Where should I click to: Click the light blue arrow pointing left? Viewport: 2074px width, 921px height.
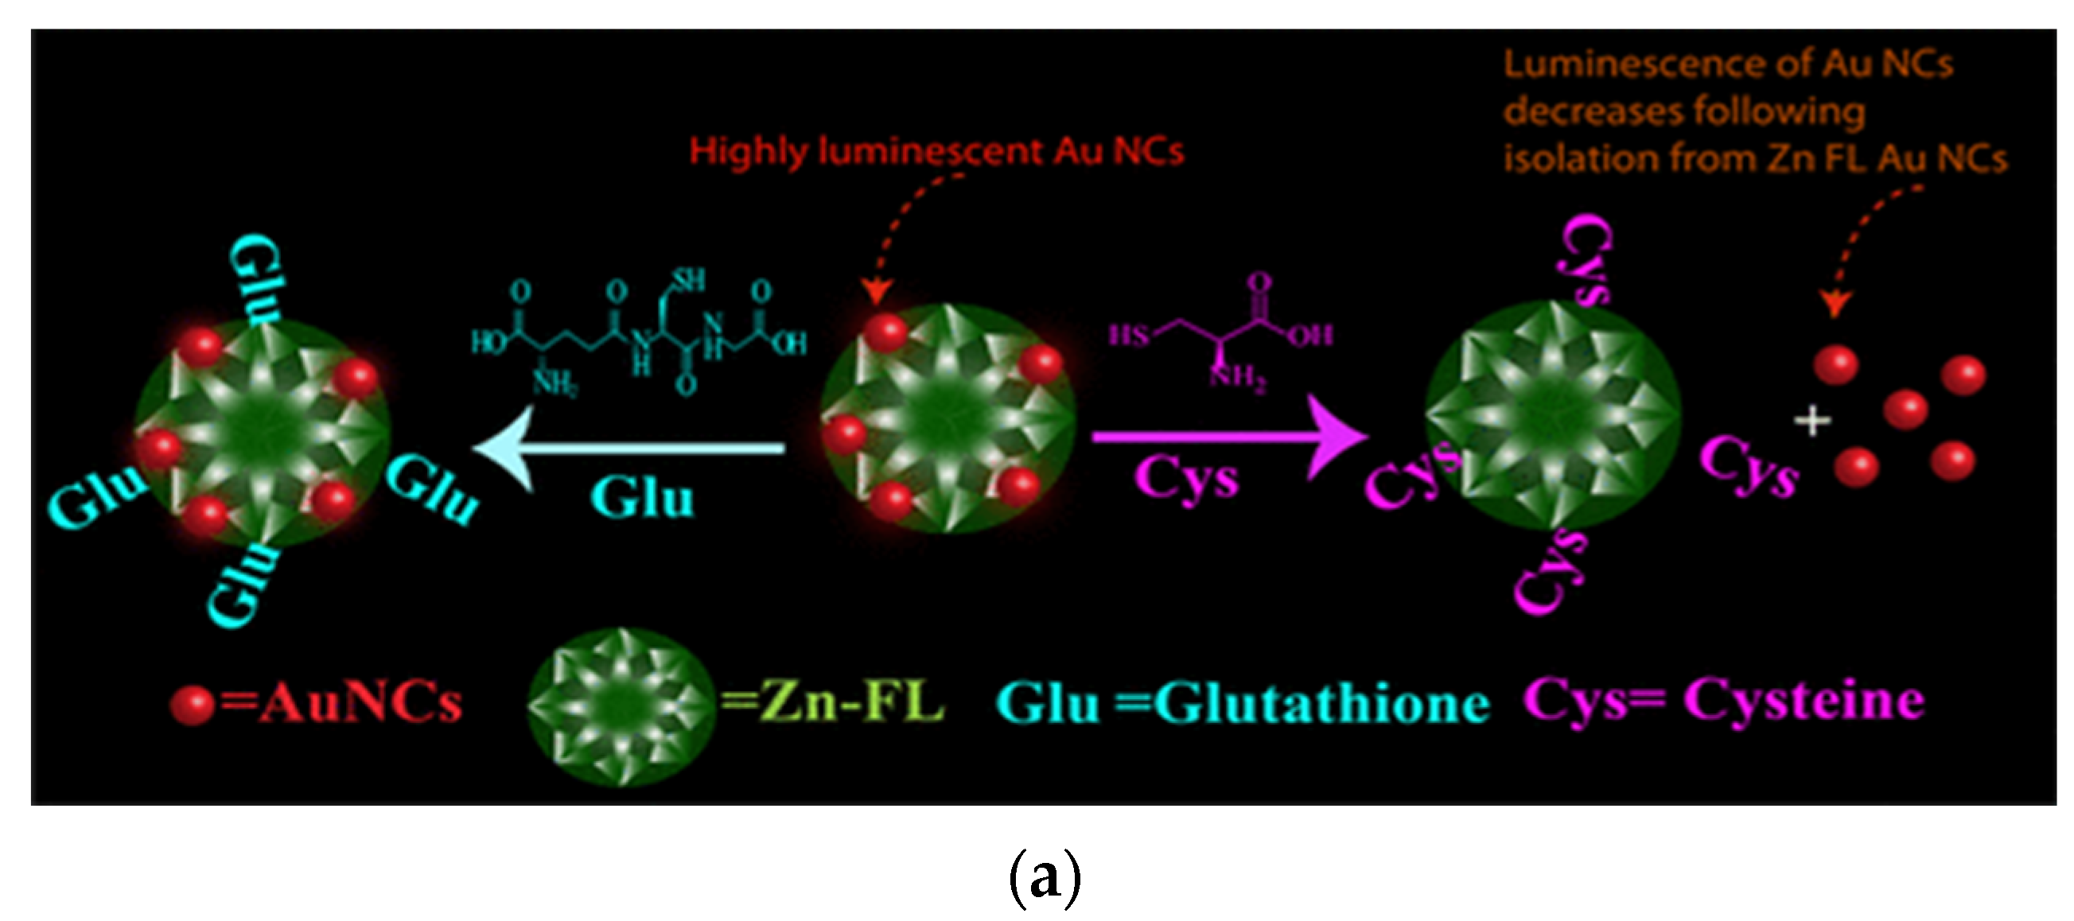tap(628, 448)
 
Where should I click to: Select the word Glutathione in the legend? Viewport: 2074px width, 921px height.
tap(1321, 705)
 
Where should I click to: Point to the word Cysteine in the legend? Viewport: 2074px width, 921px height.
tap(1804, 701)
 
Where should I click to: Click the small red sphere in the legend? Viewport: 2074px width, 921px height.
tap(192, 705)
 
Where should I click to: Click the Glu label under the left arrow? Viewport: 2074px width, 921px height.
tap(642, 498)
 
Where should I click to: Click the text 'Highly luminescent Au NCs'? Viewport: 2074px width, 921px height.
tap(936, 151)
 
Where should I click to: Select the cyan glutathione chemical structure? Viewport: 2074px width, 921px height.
tap(640, 334)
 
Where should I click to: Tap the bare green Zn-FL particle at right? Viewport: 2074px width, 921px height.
tap(1552, 415)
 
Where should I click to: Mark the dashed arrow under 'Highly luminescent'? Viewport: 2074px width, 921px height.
tap(901, 234)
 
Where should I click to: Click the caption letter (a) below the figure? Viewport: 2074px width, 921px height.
tap(1045, 877)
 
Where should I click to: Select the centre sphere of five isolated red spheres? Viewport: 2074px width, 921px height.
tap(1905, 409)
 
